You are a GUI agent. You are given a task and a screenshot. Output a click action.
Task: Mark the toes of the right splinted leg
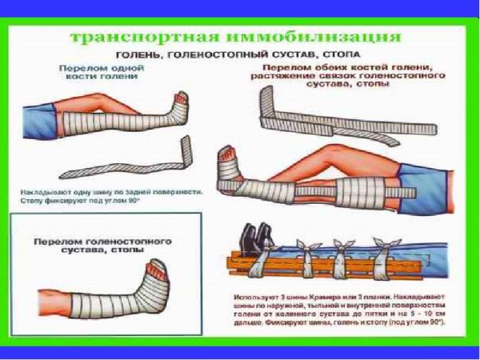pyautogui.click(x=229, y=157)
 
